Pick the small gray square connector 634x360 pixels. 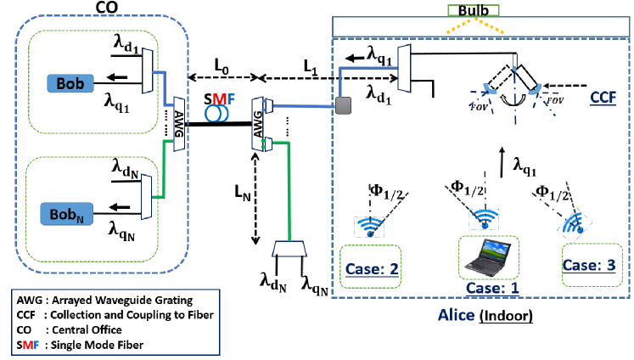[x=345, y=105]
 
